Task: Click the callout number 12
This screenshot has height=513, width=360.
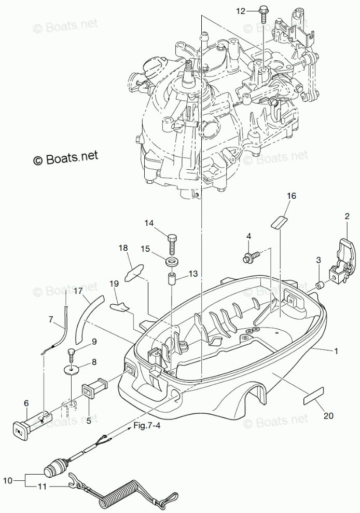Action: click(240, 11)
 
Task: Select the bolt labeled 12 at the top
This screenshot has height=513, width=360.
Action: click(262, 14)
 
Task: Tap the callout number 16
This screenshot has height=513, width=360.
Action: click(292, 196)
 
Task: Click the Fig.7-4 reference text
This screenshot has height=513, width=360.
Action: click(147, 426)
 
